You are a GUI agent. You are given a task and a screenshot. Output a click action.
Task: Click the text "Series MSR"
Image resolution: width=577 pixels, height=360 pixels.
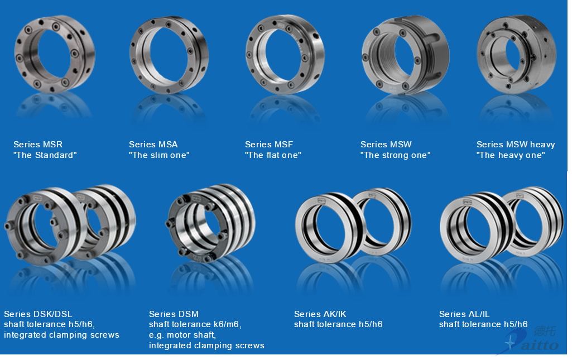point(38,145)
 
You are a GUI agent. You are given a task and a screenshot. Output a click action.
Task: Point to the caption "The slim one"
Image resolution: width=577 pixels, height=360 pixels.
point(159,155)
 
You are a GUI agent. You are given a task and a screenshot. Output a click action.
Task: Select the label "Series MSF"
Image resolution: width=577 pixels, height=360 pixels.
point(269,145)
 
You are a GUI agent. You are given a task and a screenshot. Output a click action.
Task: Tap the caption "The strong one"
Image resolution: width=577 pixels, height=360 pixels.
point(396,155)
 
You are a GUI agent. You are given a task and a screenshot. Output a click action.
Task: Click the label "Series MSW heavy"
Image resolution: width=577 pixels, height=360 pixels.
point(516,145)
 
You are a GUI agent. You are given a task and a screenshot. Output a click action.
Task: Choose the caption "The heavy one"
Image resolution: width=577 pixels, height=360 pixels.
point(511,155)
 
